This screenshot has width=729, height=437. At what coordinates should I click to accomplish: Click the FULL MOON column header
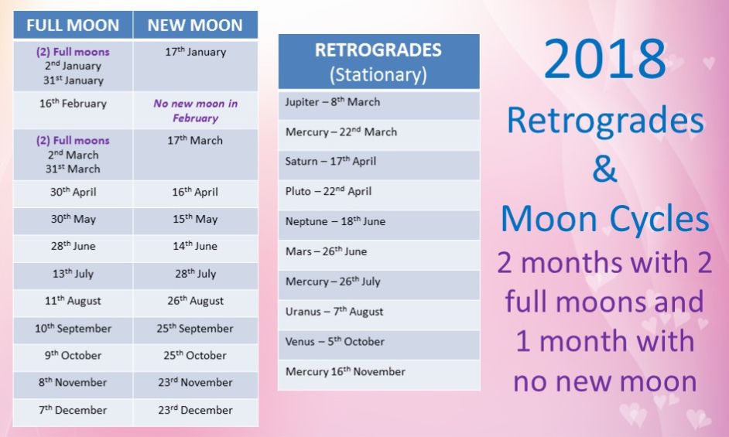click(x=73, y=25)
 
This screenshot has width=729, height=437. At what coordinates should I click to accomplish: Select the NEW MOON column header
click(x=195, y=25)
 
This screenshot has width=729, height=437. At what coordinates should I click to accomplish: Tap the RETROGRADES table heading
click(x=378, y=61)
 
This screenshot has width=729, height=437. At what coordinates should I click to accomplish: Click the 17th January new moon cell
click(x=195, y=66)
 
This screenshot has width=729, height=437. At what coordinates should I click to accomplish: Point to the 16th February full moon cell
click(x=73, y=110)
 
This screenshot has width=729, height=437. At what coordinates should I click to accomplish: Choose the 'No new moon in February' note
click(x=195, y=110)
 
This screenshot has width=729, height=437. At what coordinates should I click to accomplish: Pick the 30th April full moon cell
click(x=73, y=194)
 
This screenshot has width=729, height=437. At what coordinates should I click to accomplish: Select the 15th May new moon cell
click(x=195, y=221)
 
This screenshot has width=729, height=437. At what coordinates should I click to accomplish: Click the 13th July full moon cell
click(x=73, y=275)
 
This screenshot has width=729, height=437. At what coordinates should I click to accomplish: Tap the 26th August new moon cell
click(x=195, y=303)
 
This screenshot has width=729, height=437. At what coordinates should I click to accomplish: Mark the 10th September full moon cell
click(x=73, y=330)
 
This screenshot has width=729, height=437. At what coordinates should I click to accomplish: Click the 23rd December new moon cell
click(x=195, y=412)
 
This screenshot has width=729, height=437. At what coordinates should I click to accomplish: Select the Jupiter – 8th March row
click(x=378, y=105)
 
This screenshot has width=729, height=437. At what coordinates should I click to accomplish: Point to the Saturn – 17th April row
click(x=378, y=165)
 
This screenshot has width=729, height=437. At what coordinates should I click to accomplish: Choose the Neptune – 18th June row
click(x=378, y=224)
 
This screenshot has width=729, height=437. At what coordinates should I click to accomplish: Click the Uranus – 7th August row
click(x=378, y=315)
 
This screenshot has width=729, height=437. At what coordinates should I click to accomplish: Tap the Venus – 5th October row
click(x=378, y=344)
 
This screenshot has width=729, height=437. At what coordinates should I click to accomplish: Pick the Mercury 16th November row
click(x=378, y=374)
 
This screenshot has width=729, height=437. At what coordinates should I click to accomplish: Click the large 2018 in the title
click(x=605, y=59)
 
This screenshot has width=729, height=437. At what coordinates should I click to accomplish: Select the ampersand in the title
click(x=605, y=169)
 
